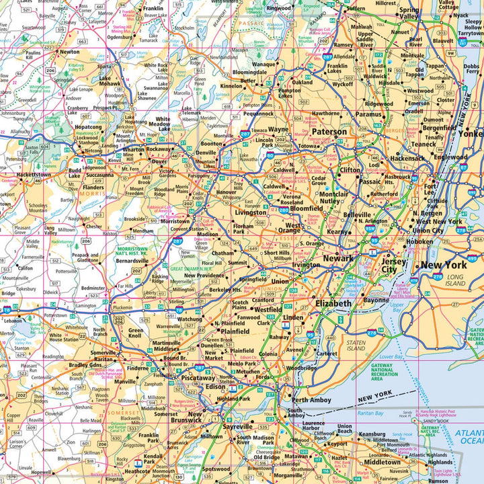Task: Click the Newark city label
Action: pos(337,258)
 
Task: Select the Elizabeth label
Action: pos(333,304)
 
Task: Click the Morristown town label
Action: pos(175,220)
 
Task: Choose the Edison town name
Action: pos(214,387)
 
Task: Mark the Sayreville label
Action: pos(237,426)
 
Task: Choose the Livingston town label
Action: pos(251,212)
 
